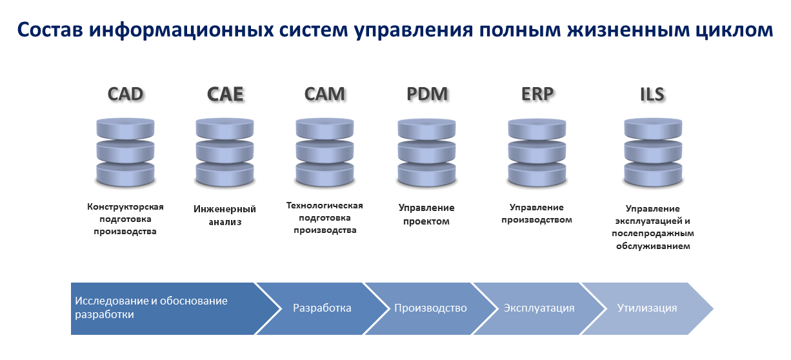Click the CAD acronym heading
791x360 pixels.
point(125,94)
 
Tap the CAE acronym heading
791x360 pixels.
point(225,94)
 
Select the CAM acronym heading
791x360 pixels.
point(325,94)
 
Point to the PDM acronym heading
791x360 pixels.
point(427,94)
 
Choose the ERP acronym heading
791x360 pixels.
point(537,94)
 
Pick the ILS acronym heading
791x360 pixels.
point(652,94)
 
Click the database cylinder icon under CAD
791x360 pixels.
point(125,152)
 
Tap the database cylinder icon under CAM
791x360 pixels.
point(325,152)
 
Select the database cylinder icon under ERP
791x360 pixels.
point(537,152)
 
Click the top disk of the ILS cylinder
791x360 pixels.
point(653,129)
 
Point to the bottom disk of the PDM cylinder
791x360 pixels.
point(426,174)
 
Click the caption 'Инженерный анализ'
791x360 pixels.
point(225,215)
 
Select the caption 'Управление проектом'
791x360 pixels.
point(426,214)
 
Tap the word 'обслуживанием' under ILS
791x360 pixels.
point(653,246)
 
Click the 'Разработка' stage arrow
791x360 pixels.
point(322,308)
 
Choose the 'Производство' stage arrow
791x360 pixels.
point(430,308)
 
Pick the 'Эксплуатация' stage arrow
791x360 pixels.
point(539,308)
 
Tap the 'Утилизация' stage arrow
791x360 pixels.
point(647,308)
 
